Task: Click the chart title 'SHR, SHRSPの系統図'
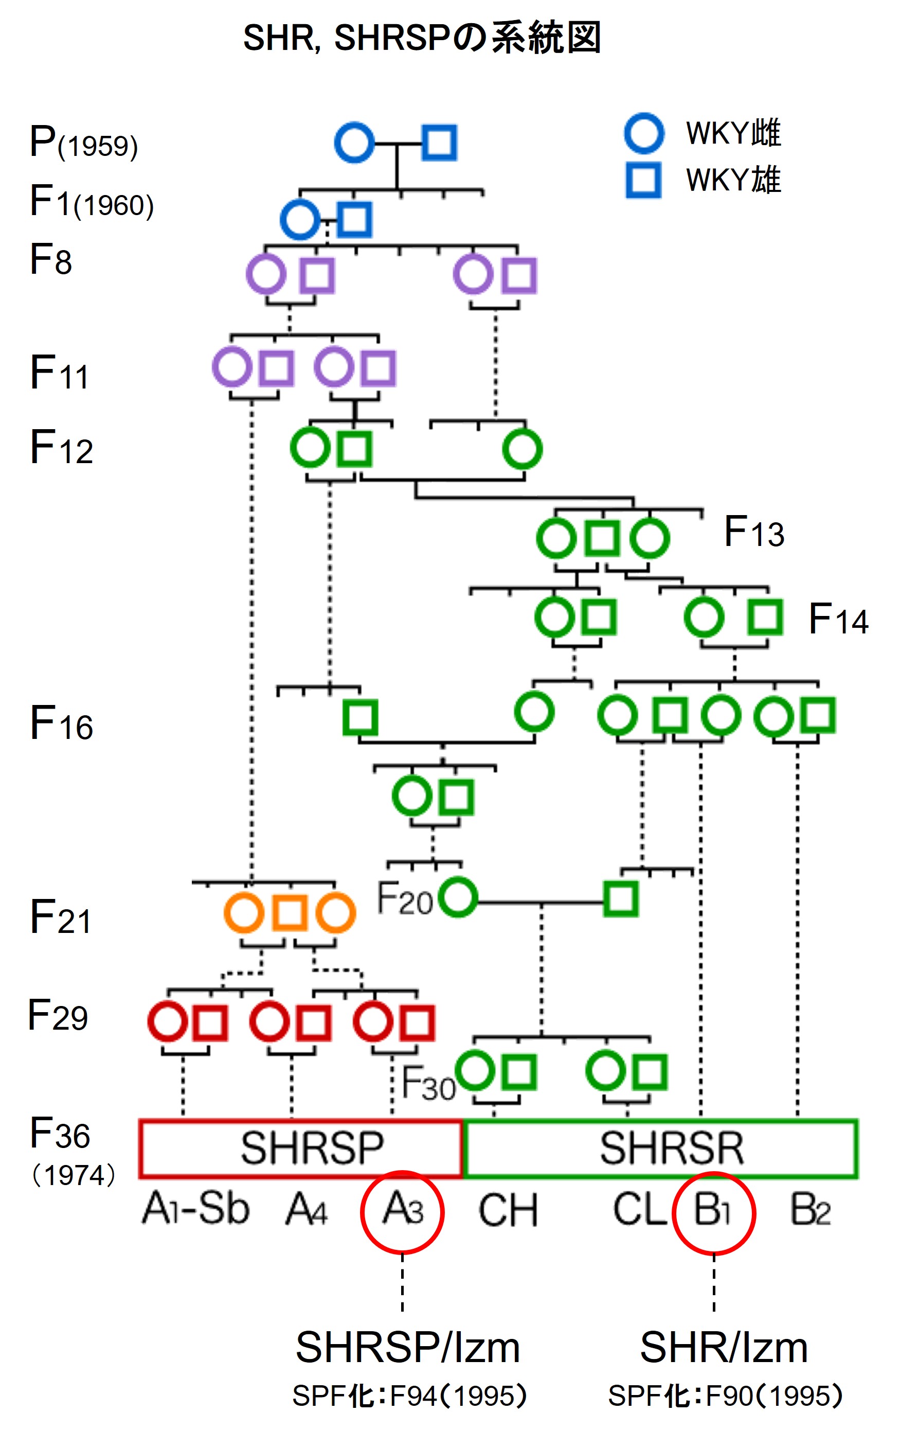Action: pos(422,39)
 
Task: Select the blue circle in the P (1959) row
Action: pos(354,143)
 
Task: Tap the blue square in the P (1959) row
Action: pos(439,143)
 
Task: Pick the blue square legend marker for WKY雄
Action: pos(643,180)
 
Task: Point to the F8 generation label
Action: pos(50,260)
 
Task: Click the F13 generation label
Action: pos(754,531)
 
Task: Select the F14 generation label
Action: pos(838,619)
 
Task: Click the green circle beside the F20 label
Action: pos(458,896)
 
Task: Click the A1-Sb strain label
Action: pos(195,1209)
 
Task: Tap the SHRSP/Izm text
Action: pos(408,1348)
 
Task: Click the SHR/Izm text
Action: pos(724,1348)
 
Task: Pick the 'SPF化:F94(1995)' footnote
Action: pos(410,1396)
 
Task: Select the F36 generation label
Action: pos(59,1133)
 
